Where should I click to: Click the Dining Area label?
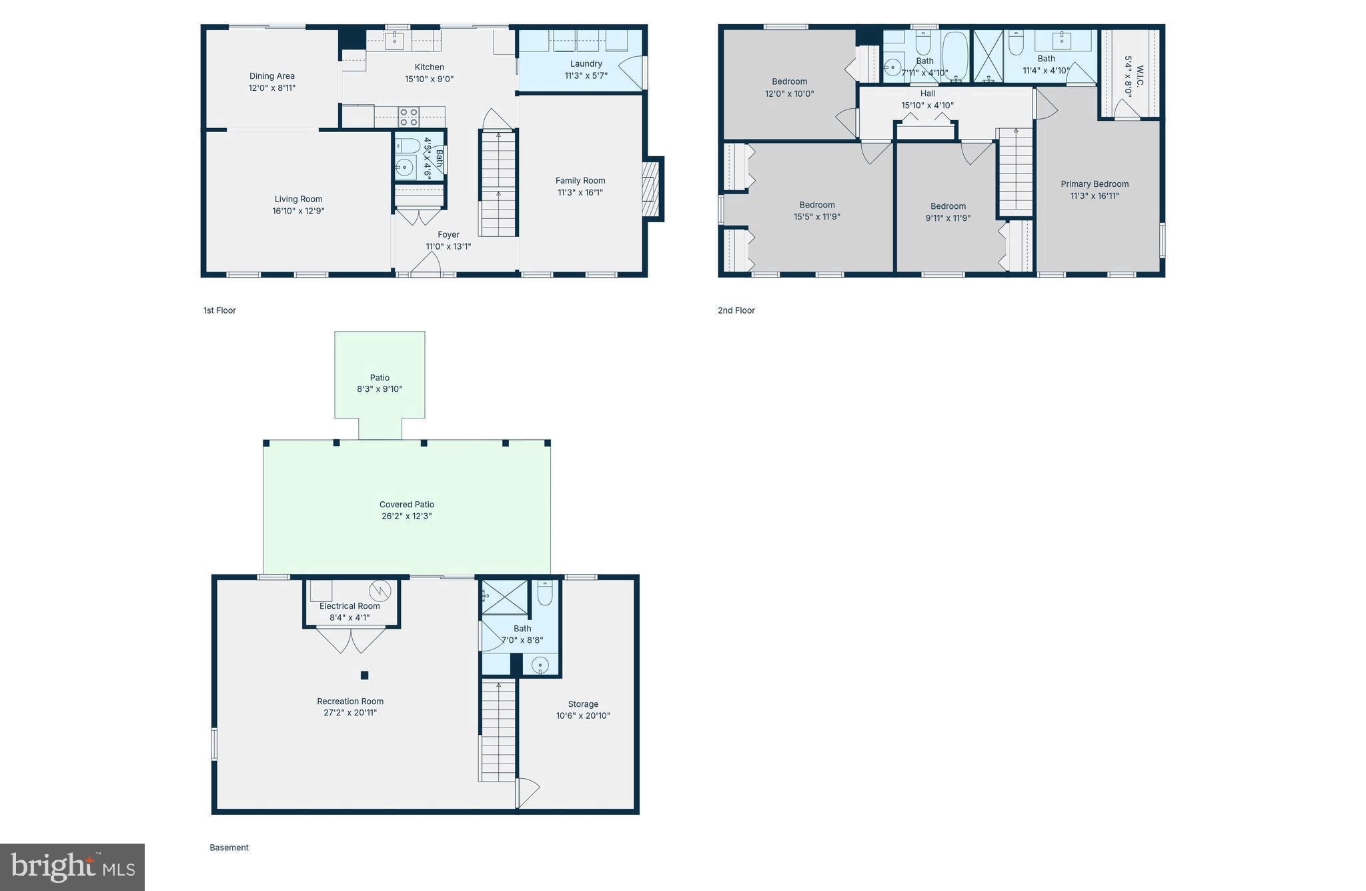point(271,76)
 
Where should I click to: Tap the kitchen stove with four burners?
point(409,117)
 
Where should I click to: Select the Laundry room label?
point(586,64)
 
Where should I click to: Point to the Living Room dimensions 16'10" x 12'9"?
point(298,211)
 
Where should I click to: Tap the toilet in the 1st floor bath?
point(409,145)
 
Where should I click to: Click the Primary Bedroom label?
point(1095,184)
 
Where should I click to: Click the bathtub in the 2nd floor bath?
point(954,56)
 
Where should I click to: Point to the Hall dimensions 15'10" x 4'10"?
point(927,105)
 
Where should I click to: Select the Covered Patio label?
point(407,505)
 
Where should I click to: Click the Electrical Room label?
point(350,606)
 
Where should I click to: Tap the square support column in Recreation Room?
point(364,675)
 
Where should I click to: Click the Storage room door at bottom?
point(528,793)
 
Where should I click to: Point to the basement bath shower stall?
point(505,597)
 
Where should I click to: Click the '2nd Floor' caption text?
point(736,310)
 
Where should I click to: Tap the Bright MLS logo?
point(72,867)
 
